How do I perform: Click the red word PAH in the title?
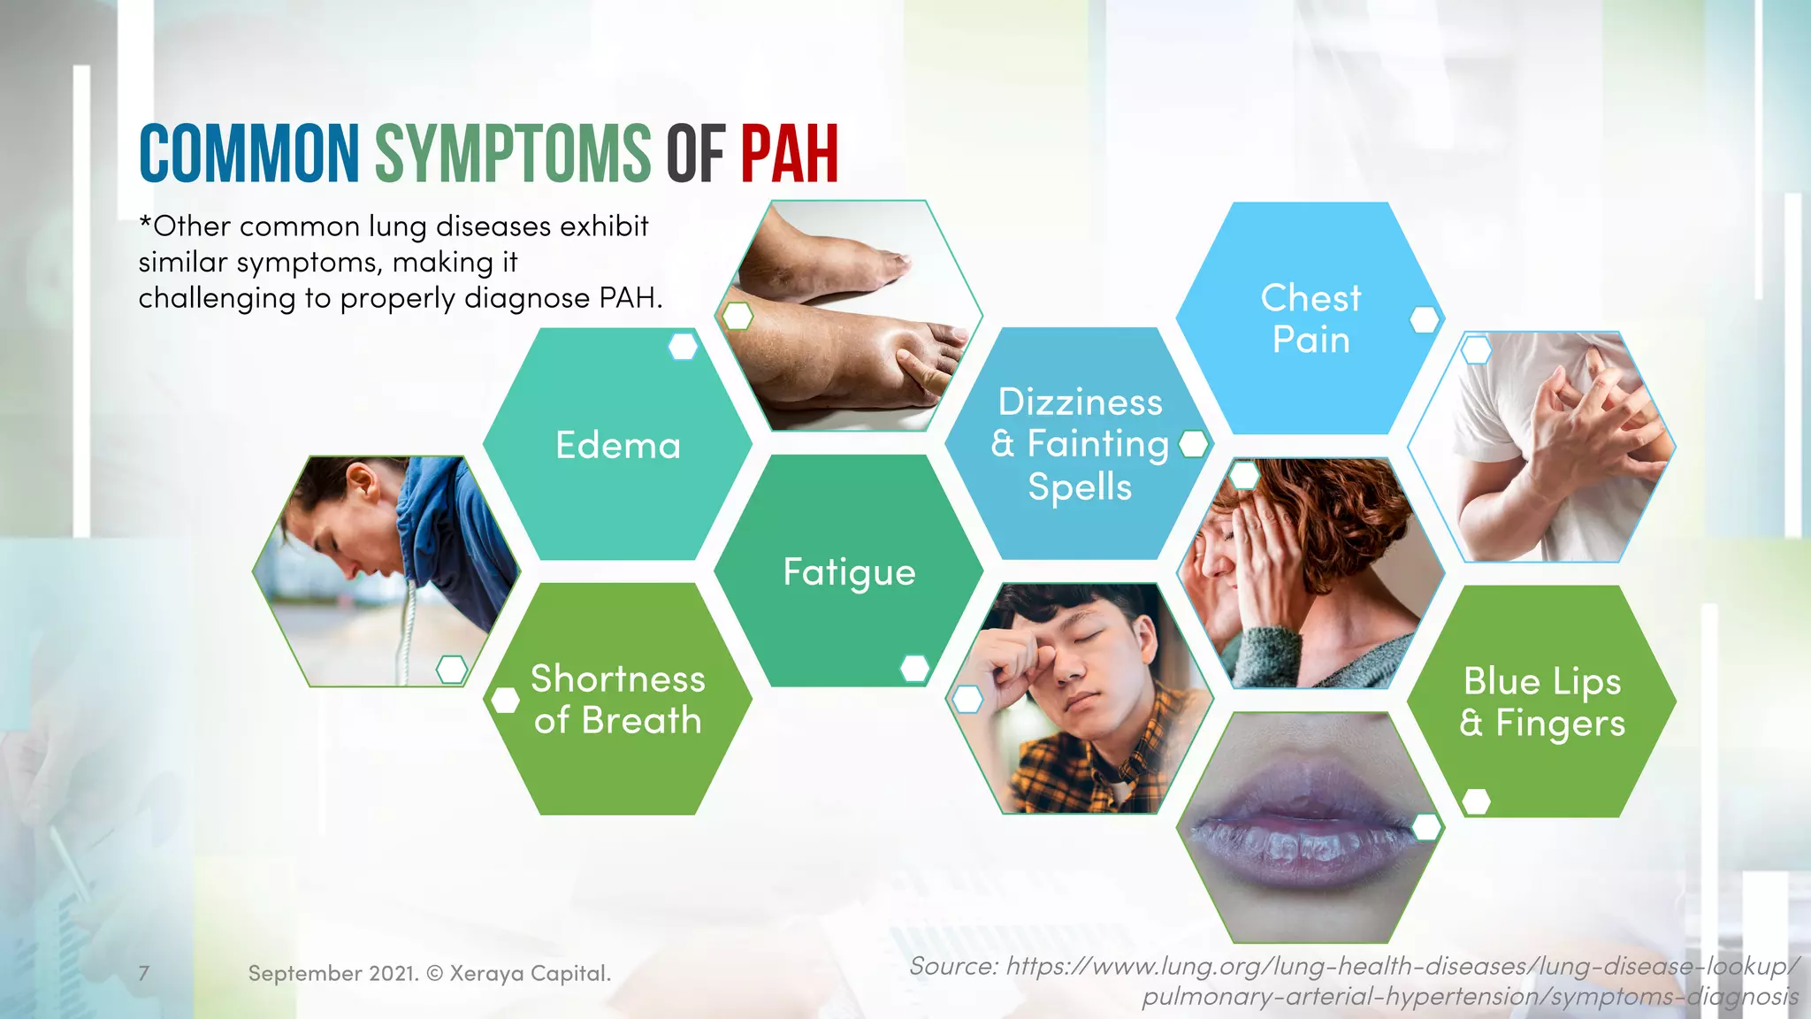[x=789, y=154]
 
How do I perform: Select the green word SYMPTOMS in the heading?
[x=513, y=154]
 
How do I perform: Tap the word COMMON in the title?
[x=249, y=154]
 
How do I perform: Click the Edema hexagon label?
[x=618, y=445]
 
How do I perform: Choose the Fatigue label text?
[x=849, y=572]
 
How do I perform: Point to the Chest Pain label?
[x=1310, y=318]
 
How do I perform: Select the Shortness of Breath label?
[x=617, y=700]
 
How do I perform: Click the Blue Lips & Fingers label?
[x=1542, y=701]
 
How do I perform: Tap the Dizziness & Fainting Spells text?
[x=1080, y=444]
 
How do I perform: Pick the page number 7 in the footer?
[x=144, y=973]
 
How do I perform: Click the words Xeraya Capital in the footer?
[x=530, y=973]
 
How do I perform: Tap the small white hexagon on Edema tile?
[x=683, y=346]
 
